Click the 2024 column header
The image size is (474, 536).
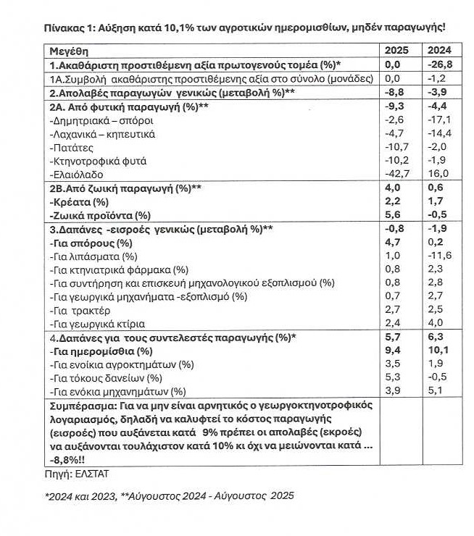(438, 51)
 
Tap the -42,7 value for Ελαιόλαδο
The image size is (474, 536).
(396, 175)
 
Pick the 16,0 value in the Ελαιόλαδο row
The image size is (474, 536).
(437, 175)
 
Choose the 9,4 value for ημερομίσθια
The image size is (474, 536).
(394, 351)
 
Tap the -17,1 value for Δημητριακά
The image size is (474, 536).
(438, 120)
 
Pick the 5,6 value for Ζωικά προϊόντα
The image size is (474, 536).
(394, 216)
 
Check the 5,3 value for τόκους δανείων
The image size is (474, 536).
(394, 377)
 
